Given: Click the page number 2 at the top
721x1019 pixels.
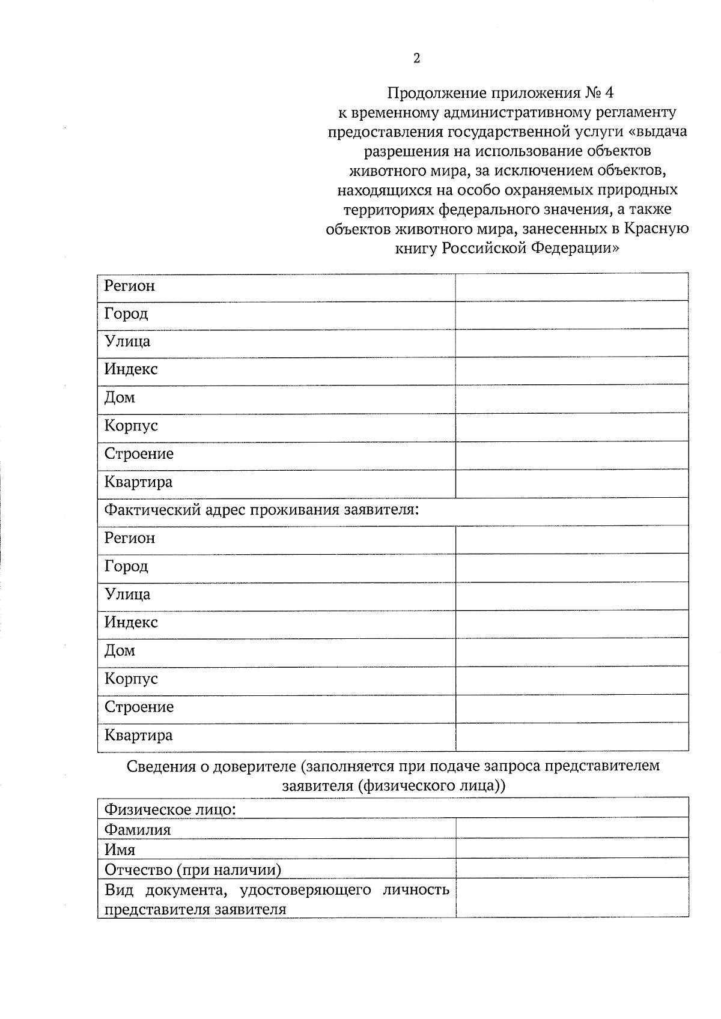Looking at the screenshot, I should tap(417, 58).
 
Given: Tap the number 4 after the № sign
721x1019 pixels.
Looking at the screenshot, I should tap(610, 93).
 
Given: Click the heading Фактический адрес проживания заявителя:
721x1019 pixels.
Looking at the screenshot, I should tap(261, 510).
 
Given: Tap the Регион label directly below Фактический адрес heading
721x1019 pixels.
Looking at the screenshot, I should tap(130, 538).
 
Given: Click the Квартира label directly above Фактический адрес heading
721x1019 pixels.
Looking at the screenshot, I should tap(138, 482).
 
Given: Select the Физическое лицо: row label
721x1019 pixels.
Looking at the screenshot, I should tap(170, 809).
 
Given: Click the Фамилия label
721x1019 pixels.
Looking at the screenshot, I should tap(138, 830).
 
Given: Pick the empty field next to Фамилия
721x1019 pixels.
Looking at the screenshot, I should tap(571, 829).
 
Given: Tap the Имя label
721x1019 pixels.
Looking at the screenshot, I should tap(120, 850).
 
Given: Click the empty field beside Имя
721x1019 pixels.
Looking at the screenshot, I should tap(571, 849).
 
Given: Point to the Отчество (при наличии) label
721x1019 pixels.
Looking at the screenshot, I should tap(193, 869).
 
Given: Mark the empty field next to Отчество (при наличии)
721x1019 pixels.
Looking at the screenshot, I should tap(571, 868).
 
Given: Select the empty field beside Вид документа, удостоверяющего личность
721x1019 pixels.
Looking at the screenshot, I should tap(571, 898).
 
